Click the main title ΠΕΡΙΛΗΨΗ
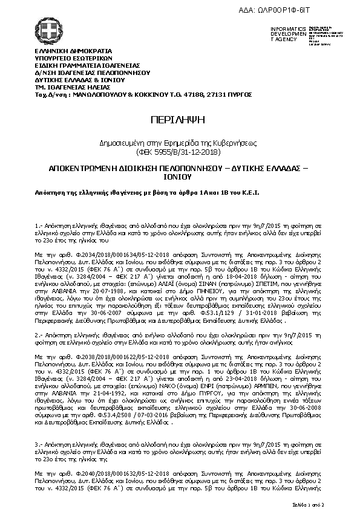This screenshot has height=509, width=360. tap(180, 118)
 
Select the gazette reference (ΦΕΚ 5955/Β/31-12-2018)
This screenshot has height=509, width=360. tap(180, 150)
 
